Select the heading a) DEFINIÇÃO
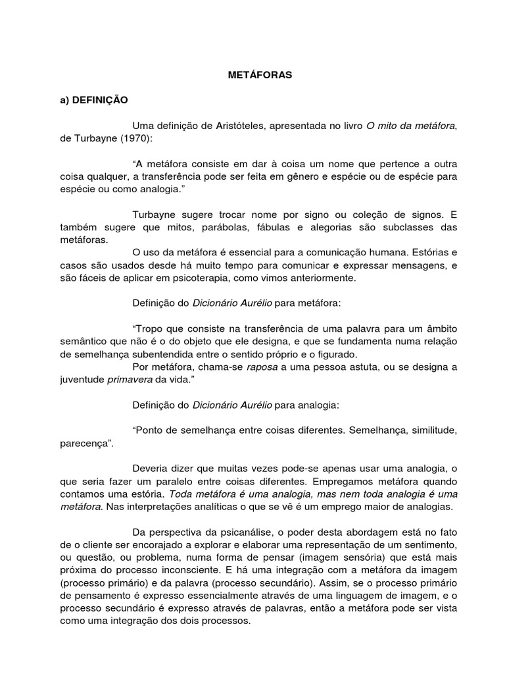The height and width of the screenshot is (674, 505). [91, 101]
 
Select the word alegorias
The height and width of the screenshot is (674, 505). [342, 228]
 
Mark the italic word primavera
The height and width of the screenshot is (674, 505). [130, 379]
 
